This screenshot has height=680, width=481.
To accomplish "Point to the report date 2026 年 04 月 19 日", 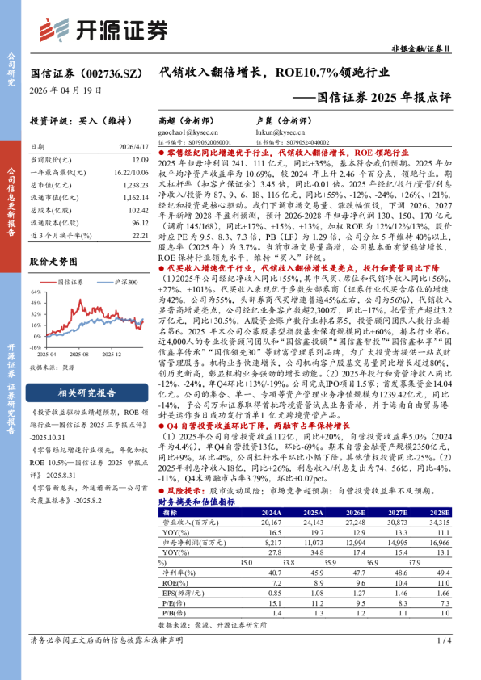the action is [66, 90].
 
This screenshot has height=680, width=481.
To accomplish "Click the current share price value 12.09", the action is [138, 161].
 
